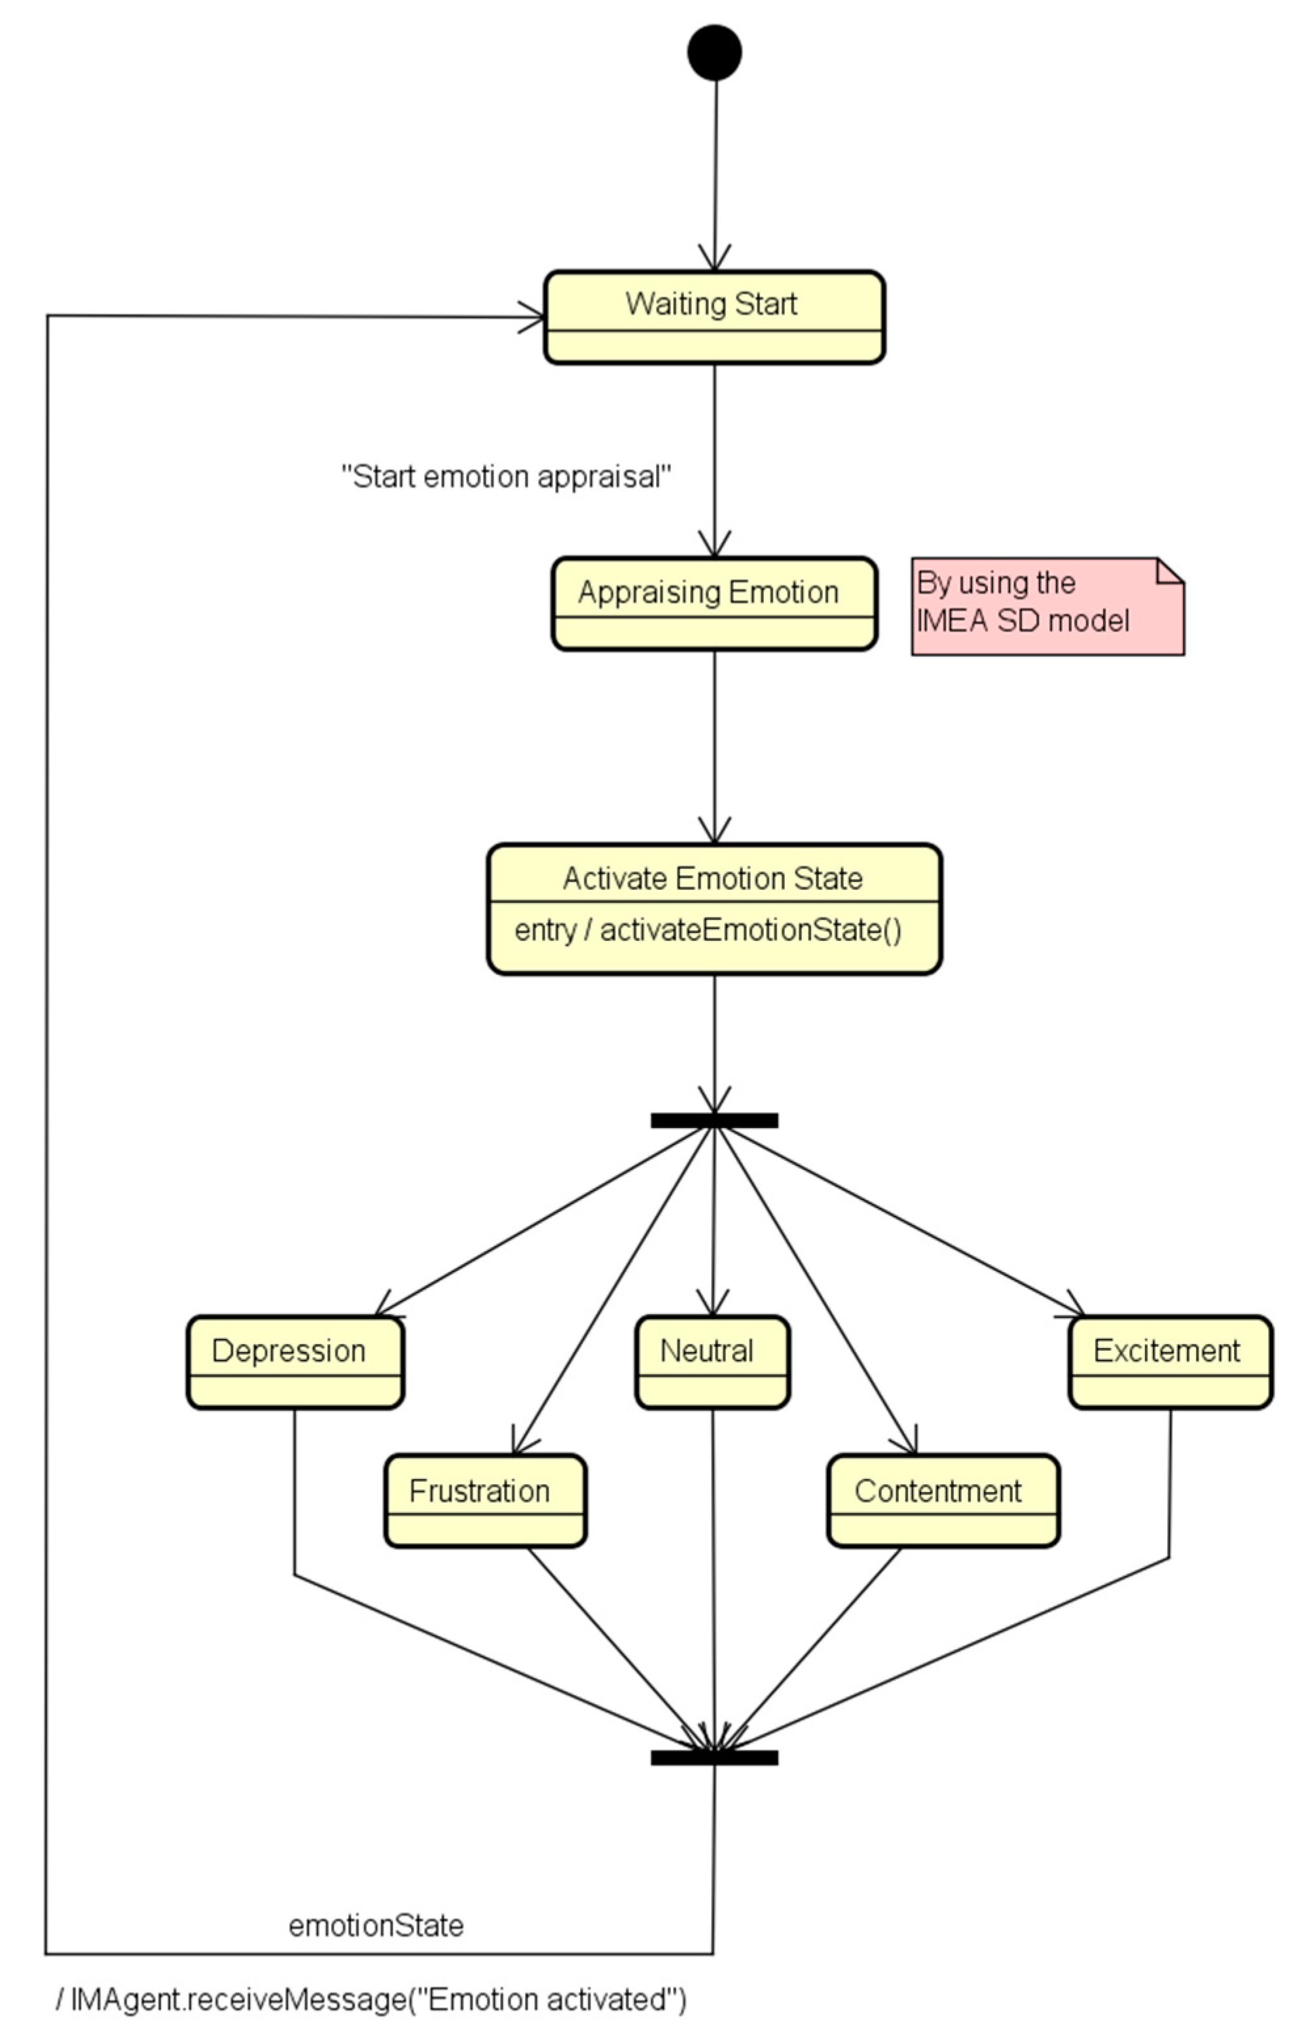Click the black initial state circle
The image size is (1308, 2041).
714,52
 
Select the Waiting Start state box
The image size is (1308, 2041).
714,317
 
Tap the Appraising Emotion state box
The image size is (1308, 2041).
714,603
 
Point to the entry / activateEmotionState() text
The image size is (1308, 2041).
708,931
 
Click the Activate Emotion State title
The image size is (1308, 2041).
713,878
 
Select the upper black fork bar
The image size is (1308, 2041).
714,1121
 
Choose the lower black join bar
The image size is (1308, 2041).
714,1758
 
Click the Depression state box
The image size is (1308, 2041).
295,1362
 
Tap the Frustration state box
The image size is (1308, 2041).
485,1500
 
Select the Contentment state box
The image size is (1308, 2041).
943,1500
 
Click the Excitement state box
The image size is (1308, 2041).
1170,1362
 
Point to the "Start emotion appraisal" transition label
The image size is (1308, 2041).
506,477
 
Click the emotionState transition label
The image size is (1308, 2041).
376,1926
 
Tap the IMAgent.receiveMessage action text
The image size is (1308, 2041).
372,2000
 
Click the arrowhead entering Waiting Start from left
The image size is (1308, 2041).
535,317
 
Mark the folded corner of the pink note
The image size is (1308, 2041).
1171,571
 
